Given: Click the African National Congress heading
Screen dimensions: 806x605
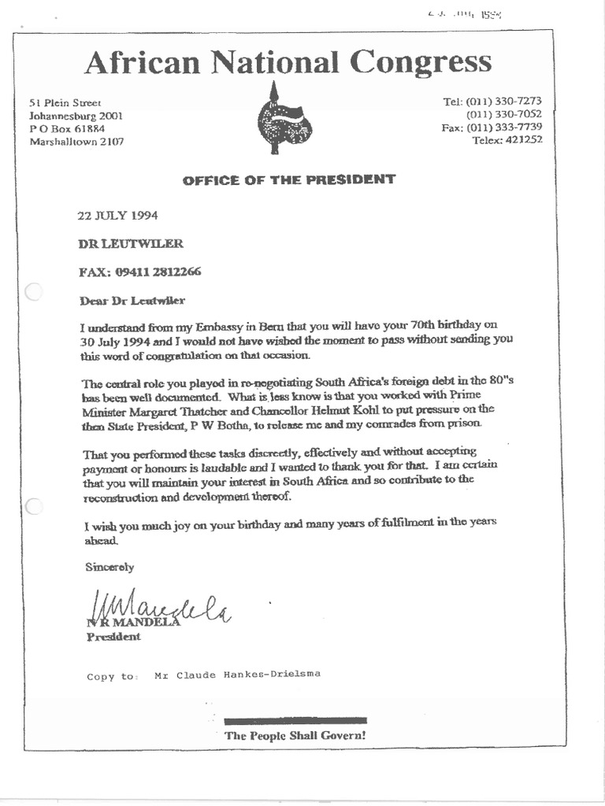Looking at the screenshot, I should coord(288,62).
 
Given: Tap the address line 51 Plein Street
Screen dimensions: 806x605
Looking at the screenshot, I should coord(65,103).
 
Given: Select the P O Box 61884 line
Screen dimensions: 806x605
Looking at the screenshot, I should coord(67,129).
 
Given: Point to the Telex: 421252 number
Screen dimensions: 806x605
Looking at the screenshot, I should coord(507,140).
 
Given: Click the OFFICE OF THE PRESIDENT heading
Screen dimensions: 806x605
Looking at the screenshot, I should coord(289,179).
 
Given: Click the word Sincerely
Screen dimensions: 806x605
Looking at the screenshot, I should coord(109,567).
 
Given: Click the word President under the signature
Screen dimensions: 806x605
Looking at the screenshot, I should coord(113,637).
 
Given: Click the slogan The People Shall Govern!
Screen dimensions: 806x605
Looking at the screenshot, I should coord(295,736).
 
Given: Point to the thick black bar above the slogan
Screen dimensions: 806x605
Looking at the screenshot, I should coord(295,720).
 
